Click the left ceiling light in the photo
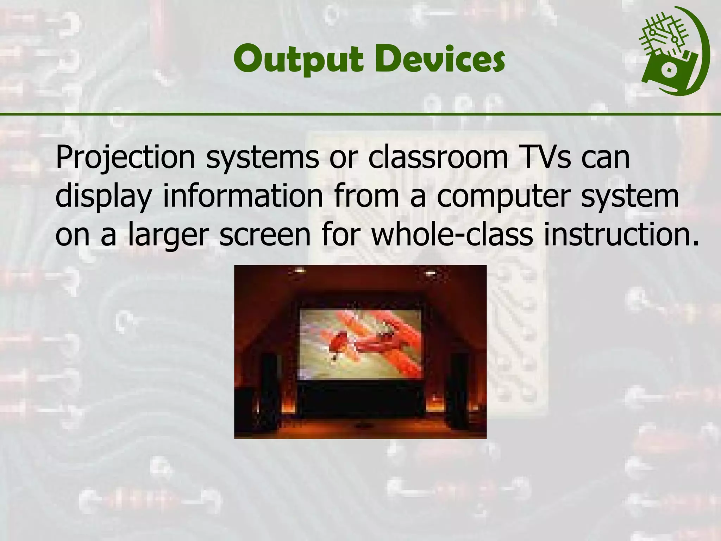[x=299, y=270]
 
